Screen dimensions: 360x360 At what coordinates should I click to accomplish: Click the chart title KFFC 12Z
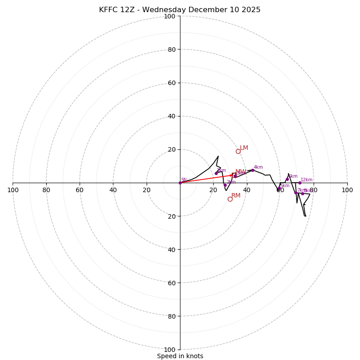(x=180, y=10)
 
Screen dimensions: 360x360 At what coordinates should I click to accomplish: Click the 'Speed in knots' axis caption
(x=180, y=356)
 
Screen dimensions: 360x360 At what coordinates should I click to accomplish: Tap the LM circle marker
(x=238, y=151)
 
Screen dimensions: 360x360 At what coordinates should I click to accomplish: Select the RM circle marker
(x=230, y=199)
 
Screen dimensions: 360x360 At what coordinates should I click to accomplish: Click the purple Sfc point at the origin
(x=180, y=183)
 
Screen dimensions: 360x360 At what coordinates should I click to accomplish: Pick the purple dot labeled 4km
(x=252, y=170)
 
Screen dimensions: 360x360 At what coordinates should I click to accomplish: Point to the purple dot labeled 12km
(x=300, y=183)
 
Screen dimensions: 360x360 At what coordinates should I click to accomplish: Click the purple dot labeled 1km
(x=216, y=173)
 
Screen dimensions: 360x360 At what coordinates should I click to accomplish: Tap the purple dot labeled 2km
(x=225, y=185)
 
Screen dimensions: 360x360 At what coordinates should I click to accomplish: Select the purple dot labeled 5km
(x=279, y=189)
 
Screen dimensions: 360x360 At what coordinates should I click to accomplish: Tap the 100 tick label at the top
(x=170, y=16)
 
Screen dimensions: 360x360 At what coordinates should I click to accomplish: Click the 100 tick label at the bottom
(x=170, y=349)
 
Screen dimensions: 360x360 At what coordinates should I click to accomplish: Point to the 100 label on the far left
(x=13, y=190)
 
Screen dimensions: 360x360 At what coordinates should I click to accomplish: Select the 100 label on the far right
(x=347, y=190)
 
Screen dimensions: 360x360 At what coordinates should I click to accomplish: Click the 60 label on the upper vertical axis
(x=171, y=83)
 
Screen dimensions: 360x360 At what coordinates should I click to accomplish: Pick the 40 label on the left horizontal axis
(x=113, y=190)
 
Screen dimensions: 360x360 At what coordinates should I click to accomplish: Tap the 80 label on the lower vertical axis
(x=171, y=316)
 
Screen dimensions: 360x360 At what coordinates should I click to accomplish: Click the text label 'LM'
(x=244, y=148)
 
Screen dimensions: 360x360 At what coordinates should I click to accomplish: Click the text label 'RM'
(x=236, y=196)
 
